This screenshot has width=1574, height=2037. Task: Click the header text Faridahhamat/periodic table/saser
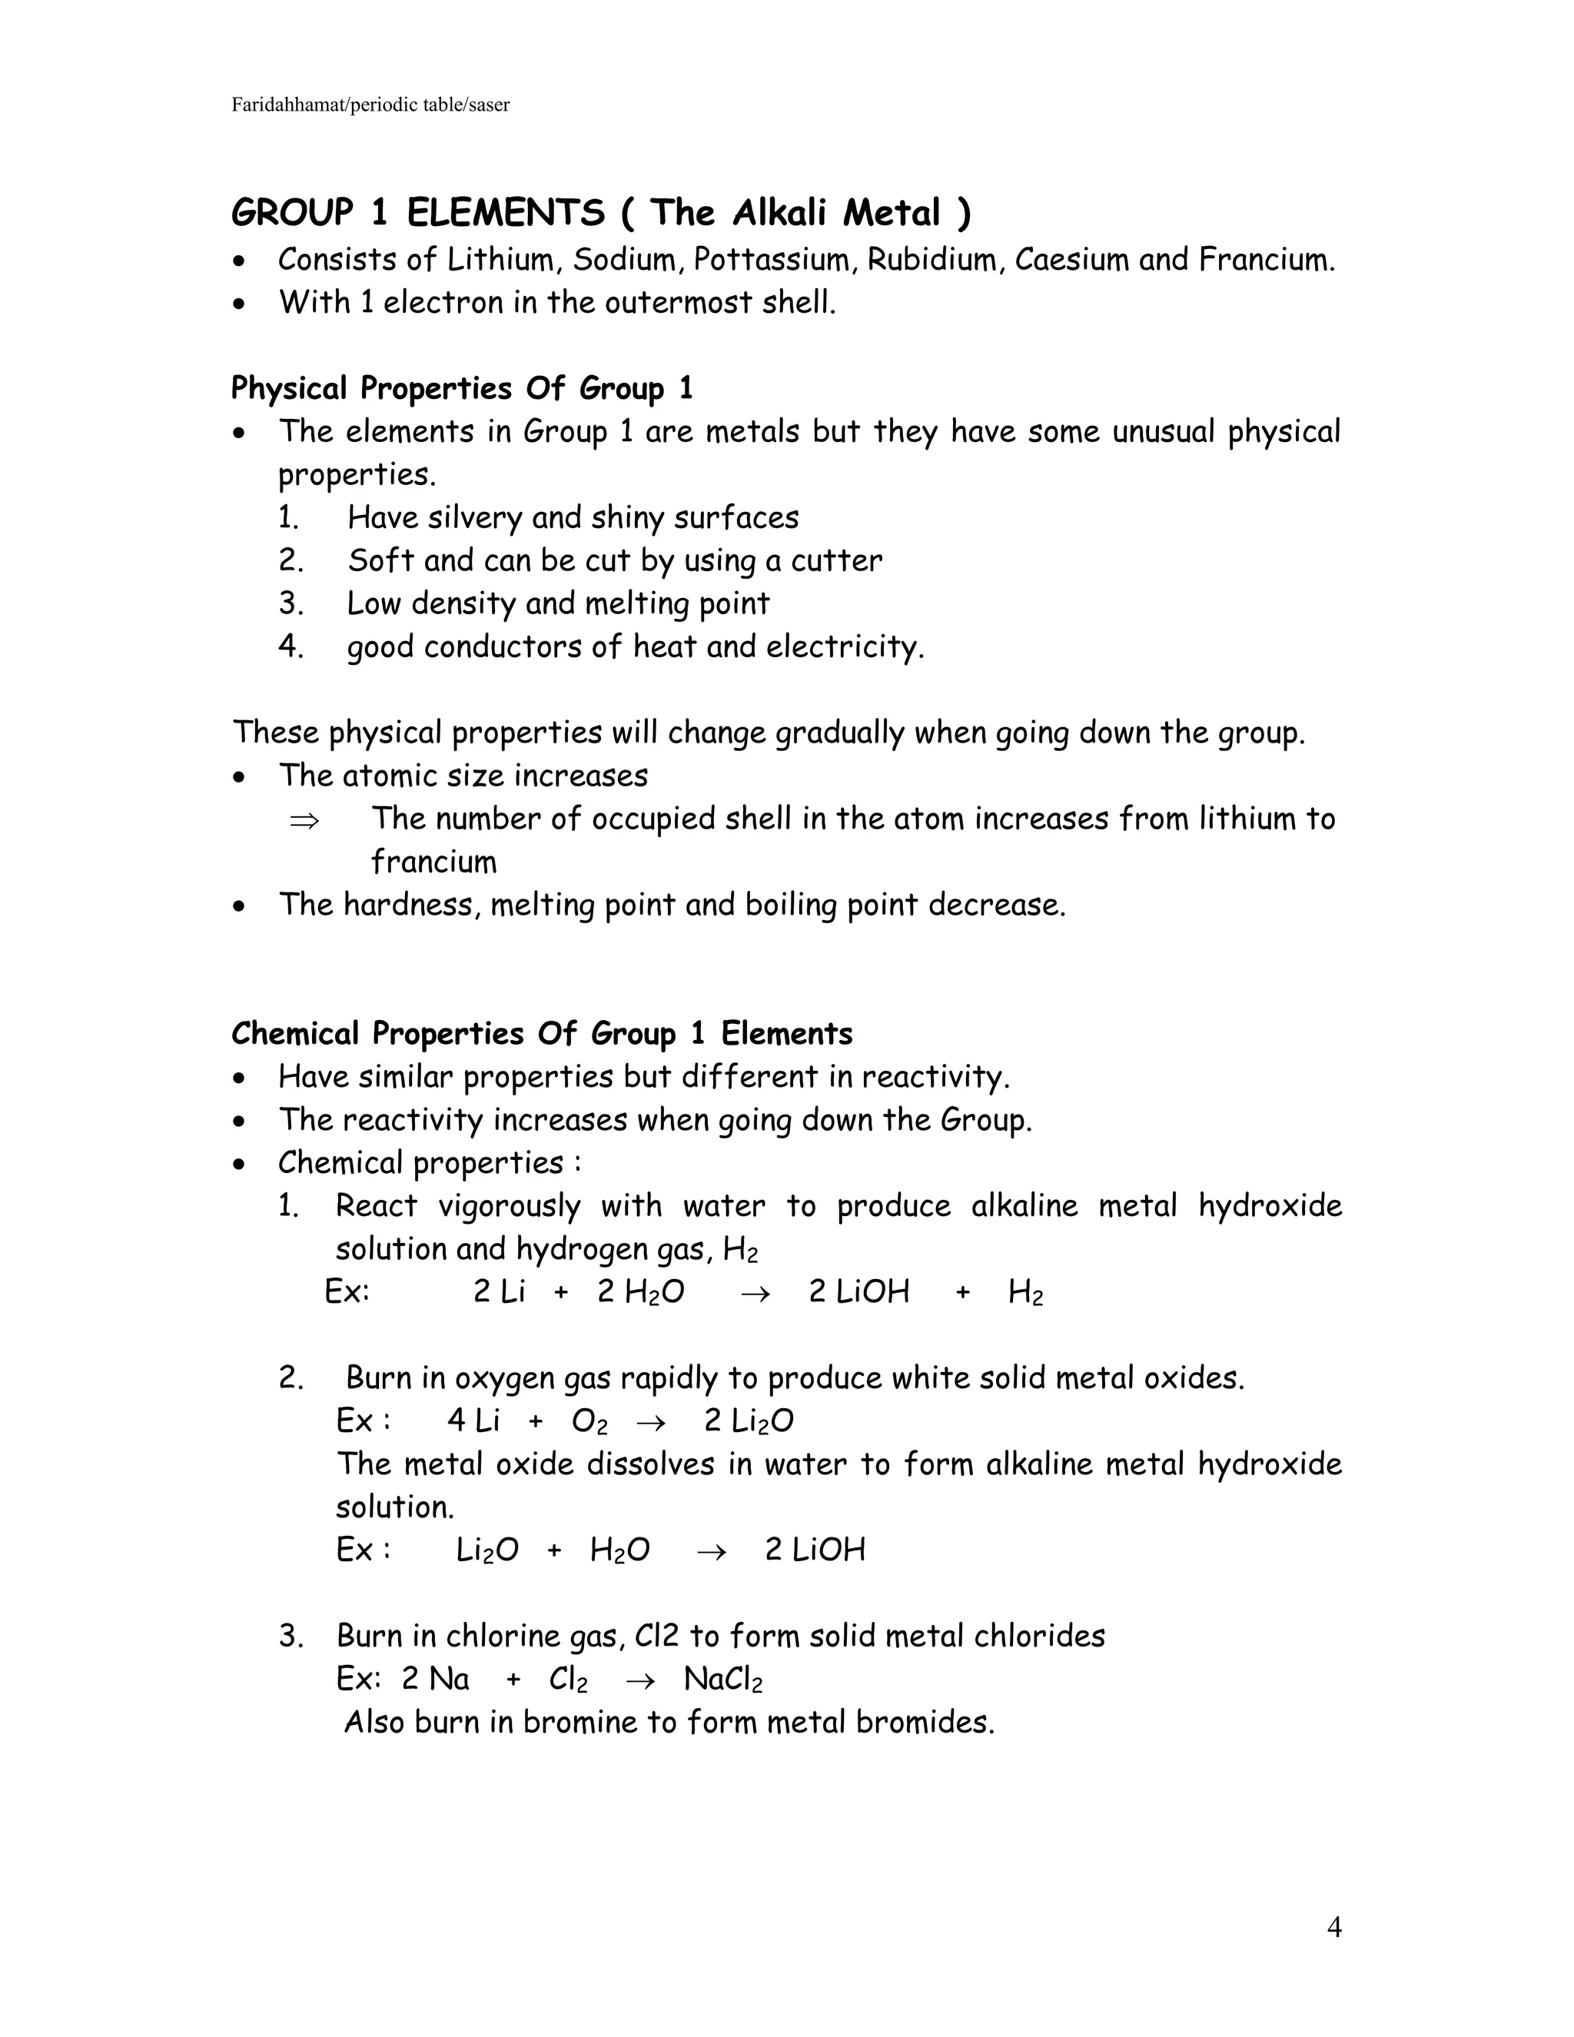pyautogui.click(x=370, y=105)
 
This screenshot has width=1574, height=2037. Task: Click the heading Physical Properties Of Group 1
pyautogui.click(x=462, y=388)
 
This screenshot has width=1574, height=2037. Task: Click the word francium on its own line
pyautogui.click(x=433, y=862)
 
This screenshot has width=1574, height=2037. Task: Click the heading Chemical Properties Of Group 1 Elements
pyautogui.click(x=542, y=1033)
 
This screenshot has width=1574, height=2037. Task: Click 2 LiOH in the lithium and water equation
pyautogui.click(x=858, y=1292)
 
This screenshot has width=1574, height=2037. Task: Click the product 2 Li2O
pyautogui.click(x=749, y=1421)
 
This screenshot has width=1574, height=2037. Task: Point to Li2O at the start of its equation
pyautogui.click(x=486, y=1550)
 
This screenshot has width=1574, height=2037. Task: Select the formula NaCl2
pyautogui.click(x=722, y=1679)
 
